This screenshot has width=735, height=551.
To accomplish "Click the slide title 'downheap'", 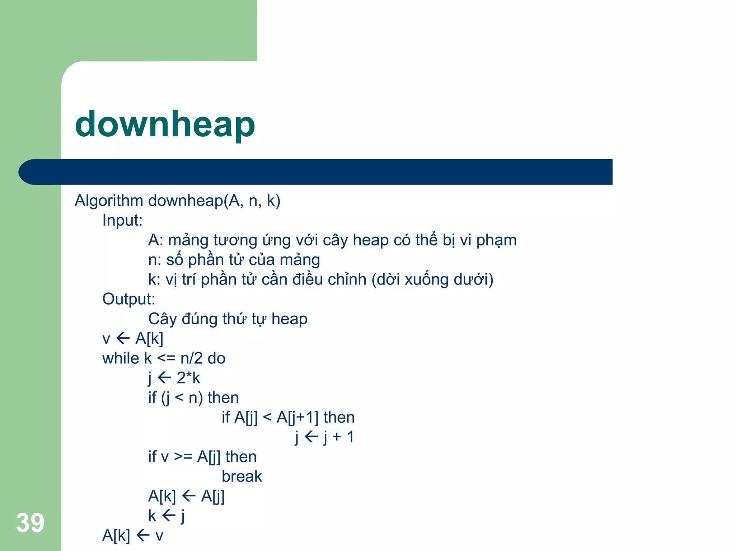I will click(165, 124).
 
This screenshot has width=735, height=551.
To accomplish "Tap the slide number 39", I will click(30, 523).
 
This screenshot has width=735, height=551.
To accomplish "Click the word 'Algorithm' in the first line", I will click(109, 201).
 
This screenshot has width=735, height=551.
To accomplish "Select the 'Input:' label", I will click(122, 220).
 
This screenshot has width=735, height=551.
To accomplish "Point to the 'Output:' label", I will click(128, 299).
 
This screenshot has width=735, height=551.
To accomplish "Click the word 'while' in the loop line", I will click(121, 358).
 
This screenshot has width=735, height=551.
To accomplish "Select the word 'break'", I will click(242, 476).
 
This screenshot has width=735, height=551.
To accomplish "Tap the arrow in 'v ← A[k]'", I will click(123, 338).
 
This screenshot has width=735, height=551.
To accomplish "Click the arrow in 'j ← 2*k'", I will click(164, 377).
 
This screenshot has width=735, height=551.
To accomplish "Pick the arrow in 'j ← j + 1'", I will click(311, 437).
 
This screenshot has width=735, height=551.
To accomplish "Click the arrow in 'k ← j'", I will click(169, 516).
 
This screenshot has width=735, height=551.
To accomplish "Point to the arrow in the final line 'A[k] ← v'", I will click(143, 536).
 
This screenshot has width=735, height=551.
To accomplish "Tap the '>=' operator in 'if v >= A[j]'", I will click(183, 457).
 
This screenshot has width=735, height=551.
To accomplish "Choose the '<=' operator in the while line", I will click(166, 358).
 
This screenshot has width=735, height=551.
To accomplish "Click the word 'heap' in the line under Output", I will click(289, 319).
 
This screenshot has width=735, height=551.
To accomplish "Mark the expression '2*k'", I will click(188, 378).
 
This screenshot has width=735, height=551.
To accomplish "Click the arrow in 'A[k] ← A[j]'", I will click(189, 496).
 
